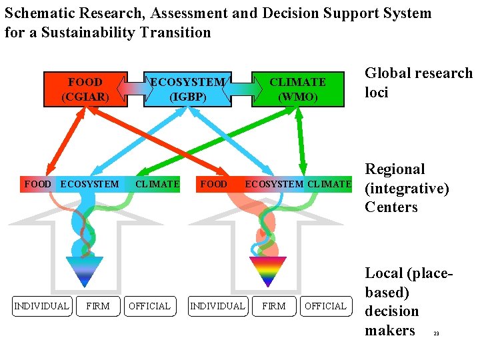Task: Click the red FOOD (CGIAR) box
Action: tap(85, 89)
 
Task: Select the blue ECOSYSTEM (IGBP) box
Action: tap(188, 89)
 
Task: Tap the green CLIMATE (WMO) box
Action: tap(297, 89)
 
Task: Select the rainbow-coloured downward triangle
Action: tap(267, 271)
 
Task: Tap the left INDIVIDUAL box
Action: tap(41, 306)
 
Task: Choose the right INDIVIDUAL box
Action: tap(217, 306)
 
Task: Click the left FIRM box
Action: tap(98, 306)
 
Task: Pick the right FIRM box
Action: tap(273, 306)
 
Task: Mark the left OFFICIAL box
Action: tap(149, 306)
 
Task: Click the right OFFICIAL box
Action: tap(325, 306)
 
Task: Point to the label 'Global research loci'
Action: tap(418, 83)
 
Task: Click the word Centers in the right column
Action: tap(391, 207)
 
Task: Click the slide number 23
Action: tap(436, 333)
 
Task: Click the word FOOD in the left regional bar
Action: tap(37, 184)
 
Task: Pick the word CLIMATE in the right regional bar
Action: tap(329, 184)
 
